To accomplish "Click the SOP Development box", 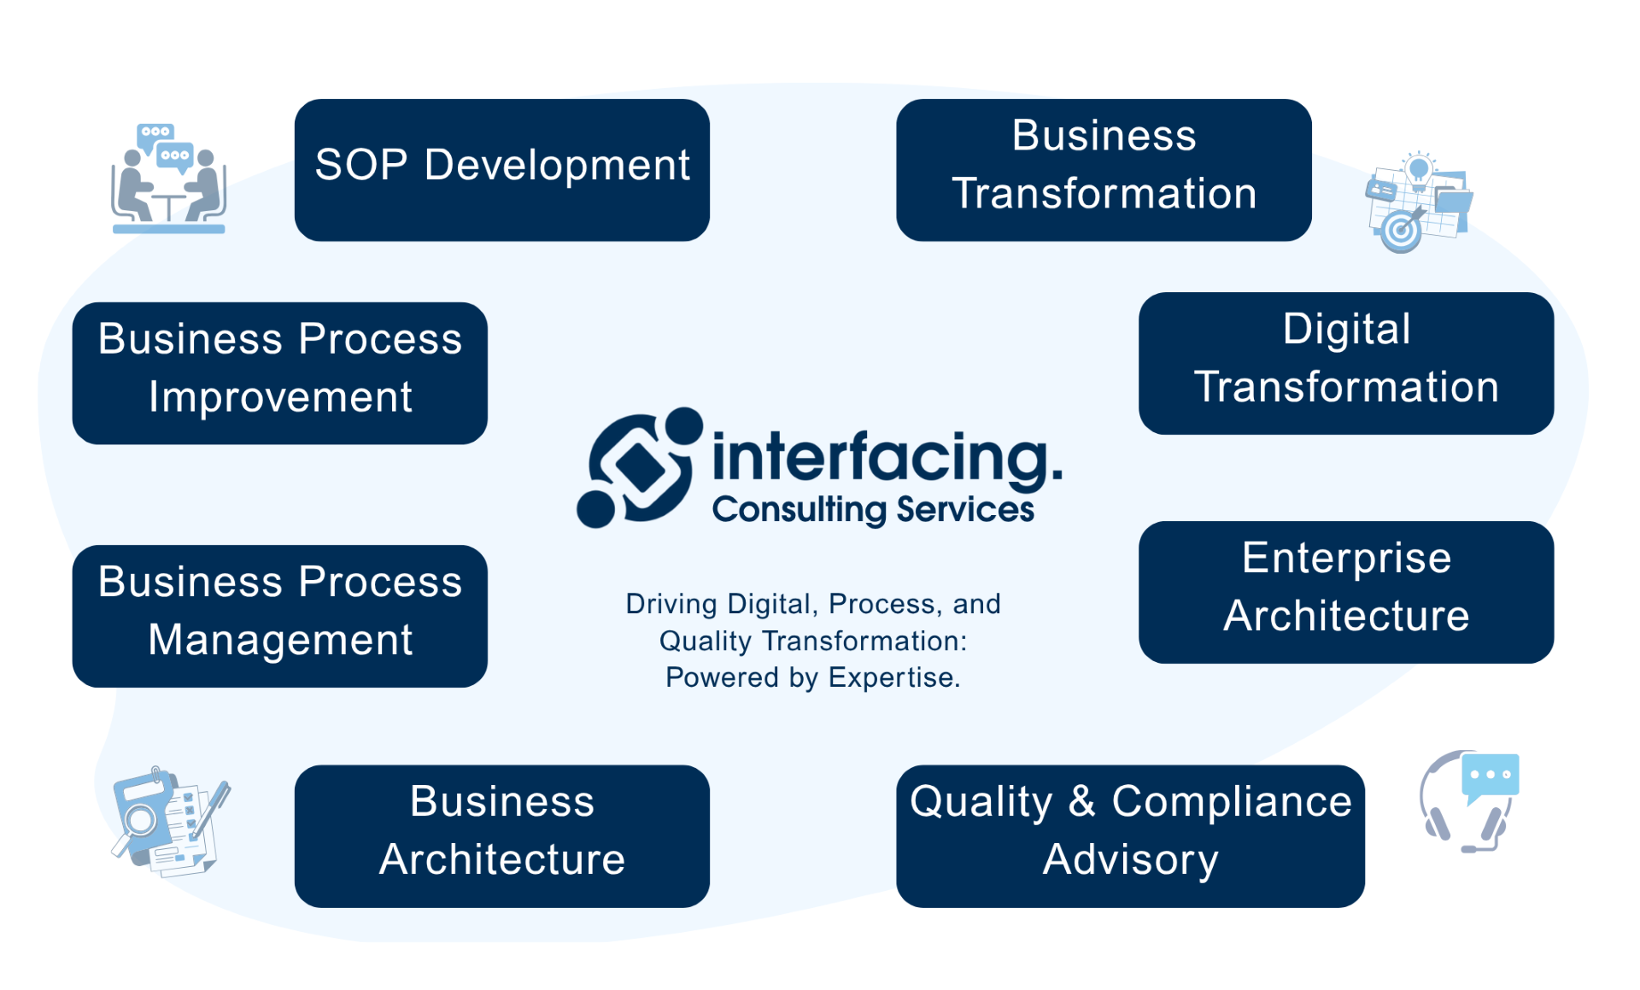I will coord(501,170).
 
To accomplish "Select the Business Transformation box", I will coord(1103,170).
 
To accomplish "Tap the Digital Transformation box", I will coord(1345,363).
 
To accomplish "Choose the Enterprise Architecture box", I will coord(1345,592).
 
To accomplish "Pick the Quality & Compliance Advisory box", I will coord(1129,835).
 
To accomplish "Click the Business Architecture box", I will coord(501,835).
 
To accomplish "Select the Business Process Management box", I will coord(279,616).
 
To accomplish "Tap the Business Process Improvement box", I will coord(279,373).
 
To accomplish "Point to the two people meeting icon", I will coord(169,179).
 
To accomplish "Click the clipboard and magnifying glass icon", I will coord(169,822).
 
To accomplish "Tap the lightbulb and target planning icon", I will coord(1417,202).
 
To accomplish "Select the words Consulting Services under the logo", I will coord(872,510).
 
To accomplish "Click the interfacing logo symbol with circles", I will coord(639,467).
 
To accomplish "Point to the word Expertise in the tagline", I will coord(893,677).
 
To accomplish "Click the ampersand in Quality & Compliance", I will coord(1081,801).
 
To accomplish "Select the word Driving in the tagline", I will coord(671,604).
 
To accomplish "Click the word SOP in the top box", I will coord(360,165).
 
